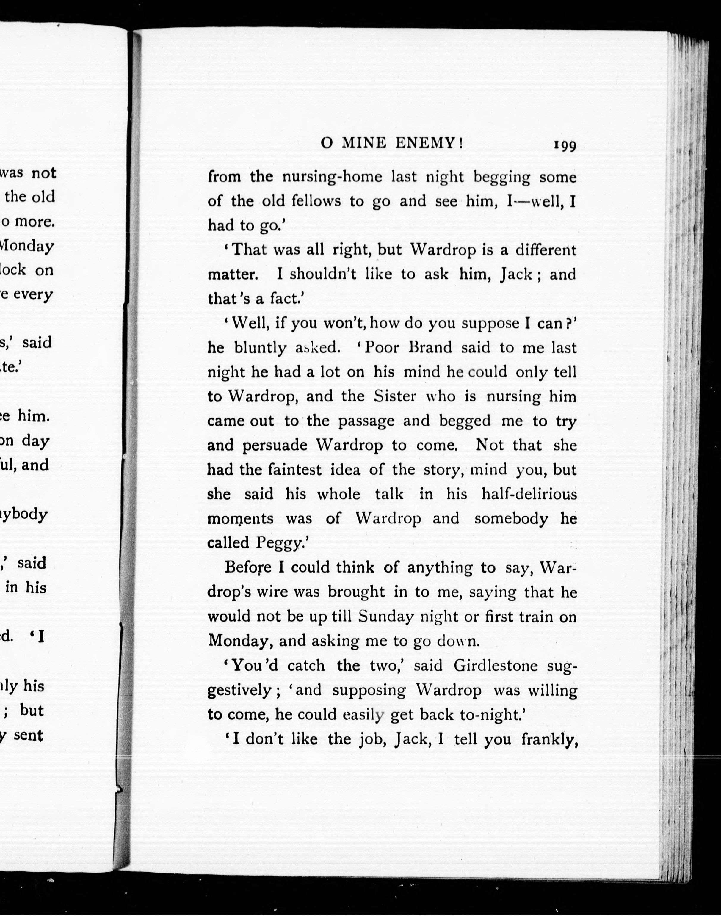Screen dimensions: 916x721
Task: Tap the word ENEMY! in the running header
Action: [429, 144]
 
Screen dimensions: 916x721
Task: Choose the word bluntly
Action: [260, 348]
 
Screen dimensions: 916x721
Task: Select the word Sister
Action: [395, 396]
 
